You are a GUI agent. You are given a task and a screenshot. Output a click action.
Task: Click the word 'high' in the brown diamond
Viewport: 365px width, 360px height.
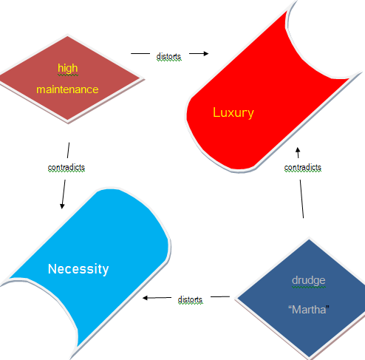coord(68,68)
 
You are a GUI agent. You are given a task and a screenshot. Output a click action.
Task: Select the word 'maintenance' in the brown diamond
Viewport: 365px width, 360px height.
coord(67,89)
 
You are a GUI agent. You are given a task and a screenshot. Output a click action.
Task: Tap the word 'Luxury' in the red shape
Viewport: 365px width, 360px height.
coord(233,113)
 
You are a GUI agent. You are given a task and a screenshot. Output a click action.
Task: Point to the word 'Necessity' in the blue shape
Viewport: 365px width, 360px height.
coord(78,269)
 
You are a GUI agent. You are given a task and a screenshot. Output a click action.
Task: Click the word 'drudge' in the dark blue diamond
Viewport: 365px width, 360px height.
coord(309,281)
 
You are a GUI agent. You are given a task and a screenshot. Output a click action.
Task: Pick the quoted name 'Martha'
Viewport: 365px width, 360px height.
coord(309,310)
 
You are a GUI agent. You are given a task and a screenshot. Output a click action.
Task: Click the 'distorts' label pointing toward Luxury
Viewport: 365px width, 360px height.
coord(168,56)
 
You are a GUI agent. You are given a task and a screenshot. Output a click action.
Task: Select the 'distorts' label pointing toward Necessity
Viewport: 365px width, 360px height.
coord(190,299)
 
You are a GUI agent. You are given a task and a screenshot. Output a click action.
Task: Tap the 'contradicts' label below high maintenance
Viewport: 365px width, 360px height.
coord(66,168)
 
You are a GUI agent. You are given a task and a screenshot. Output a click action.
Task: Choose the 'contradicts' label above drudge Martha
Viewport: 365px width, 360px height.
coord(303,168)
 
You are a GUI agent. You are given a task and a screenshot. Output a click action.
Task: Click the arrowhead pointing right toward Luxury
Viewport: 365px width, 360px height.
coord(206,53)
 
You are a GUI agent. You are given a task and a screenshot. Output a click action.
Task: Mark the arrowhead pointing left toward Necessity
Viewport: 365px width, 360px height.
coord(146,298)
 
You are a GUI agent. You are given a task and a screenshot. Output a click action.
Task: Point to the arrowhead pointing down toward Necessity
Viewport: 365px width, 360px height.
coord(62,206)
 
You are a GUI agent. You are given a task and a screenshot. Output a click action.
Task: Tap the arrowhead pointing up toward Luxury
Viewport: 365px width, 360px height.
coord(298,150)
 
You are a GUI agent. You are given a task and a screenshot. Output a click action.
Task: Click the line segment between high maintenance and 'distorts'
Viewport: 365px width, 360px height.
coord(140,53)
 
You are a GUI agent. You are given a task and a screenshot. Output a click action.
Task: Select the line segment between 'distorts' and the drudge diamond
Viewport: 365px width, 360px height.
coord(220,296)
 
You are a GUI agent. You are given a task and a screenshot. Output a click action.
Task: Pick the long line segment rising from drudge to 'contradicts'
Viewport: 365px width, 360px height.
coord(301,199)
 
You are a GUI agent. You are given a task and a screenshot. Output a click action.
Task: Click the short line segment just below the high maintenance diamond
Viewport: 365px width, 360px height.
coord(68,150)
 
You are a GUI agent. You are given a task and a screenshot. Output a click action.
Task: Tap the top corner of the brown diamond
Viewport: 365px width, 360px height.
coord(68,36)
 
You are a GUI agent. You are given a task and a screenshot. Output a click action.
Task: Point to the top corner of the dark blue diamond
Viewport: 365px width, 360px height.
coord(309,239)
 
